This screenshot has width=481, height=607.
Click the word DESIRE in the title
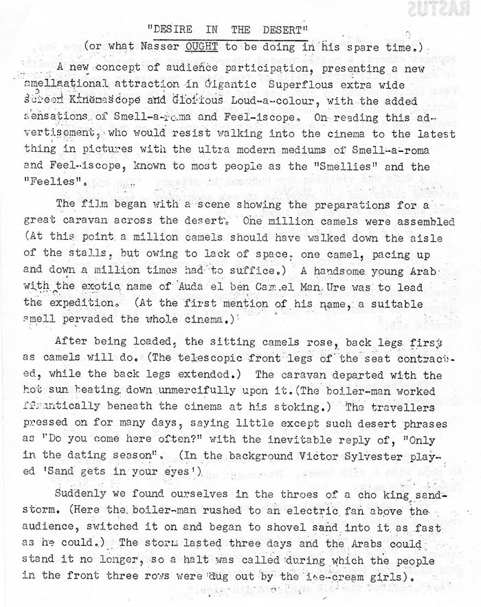tap(173, 30)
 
